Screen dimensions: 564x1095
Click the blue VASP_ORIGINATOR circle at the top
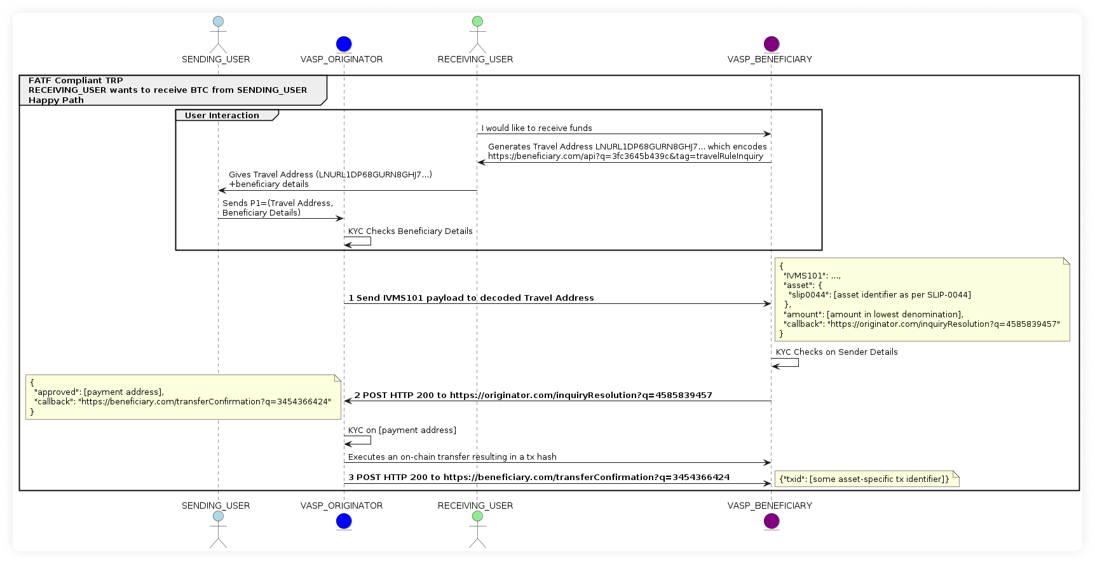click(x=343, y=44)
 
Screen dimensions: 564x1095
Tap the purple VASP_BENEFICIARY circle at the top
click(x=771, y=44)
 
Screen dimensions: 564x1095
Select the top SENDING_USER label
click(x=215, y=59)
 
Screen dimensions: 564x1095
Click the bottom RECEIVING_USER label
click(x=475, y=506)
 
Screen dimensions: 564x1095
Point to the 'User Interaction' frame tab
click(x=222, y=115)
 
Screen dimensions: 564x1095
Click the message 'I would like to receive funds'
click(x=536, y=128)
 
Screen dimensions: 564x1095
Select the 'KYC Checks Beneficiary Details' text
click(x=410, y=231)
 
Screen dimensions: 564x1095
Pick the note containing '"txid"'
click(x=864, y=479)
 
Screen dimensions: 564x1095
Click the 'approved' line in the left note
click(x=99, y=392)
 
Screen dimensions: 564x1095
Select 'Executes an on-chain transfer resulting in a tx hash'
click(x=452, y=457)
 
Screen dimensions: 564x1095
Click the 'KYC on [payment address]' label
click(x=402, y=430)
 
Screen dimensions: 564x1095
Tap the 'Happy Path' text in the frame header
click(x=56, y=100)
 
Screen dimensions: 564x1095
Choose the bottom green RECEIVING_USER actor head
click(x=477, y=516)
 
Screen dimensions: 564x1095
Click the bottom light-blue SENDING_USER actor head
click(x=218, y=516)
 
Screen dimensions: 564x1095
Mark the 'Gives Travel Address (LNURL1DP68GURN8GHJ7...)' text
click(x=330, y=174)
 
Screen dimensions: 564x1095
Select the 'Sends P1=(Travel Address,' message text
click(x=277, y=203)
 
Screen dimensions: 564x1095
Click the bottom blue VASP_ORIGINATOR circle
click(x=343, y=521)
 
